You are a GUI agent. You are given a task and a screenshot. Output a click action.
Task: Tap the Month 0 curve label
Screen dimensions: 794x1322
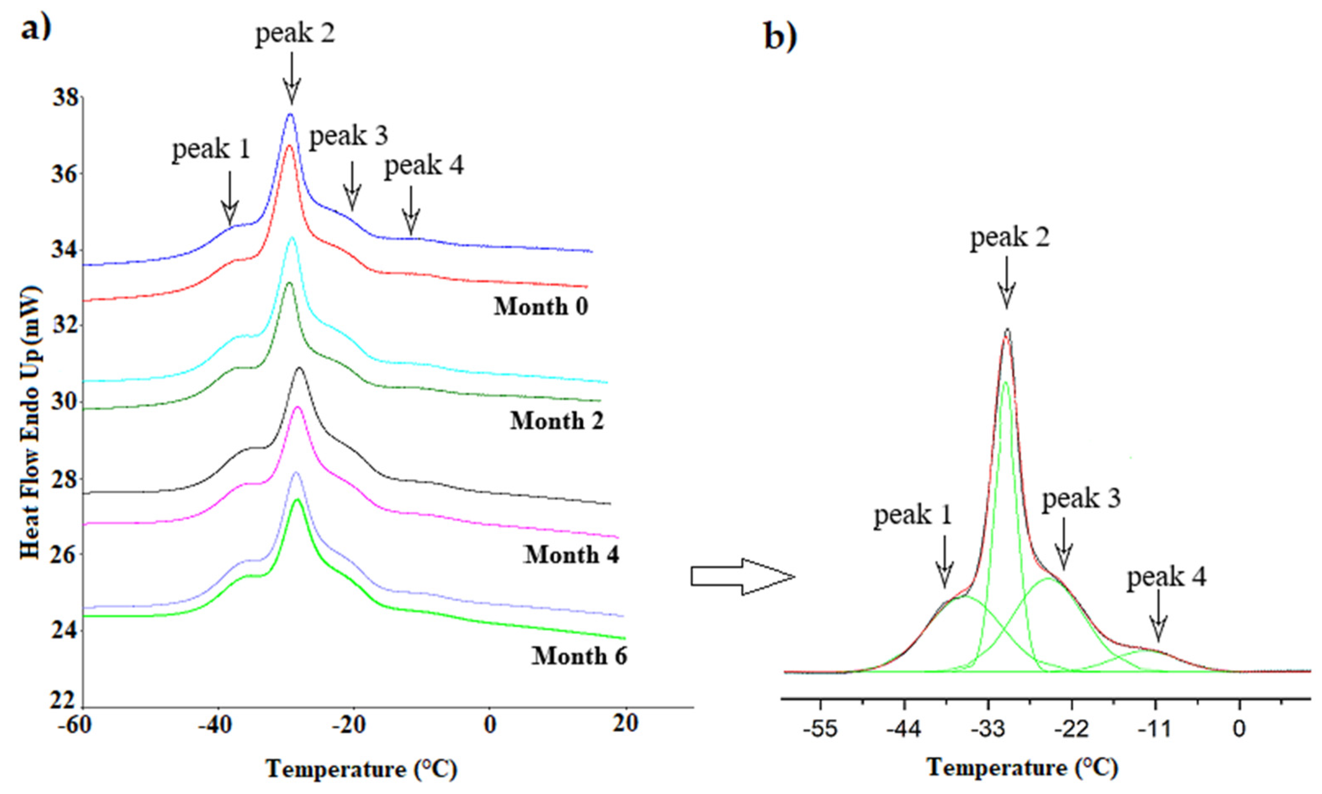(x=541, y=307)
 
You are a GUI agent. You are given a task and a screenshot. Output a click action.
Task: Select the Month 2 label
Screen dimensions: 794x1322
(x=557, y=421)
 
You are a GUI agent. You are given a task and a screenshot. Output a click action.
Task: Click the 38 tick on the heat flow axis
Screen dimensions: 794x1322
(x=65, y=98)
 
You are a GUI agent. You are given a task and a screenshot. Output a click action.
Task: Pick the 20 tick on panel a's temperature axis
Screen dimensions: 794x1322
(x=625, y=725)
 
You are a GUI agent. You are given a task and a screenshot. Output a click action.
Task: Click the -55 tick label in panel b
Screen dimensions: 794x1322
(x=823, y=729)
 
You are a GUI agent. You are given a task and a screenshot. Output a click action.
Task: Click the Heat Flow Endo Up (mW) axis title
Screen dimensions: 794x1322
(x=31, y=423)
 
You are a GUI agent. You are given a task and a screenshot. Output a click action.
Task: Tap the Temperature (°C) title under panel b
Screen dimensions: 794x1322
(x=1022, y=768)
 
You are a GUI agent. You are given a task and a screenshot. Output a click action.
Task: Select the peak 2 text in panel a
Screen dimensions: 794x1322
(x=295, y=34)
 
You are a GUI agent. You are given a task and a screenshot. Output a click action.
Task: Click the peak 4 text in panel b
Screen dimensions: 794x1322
(x=1166, y=578)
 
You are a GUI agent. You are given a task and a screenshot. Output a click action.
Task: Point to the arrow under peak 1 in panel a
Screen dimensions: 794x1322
(x=230, y=198)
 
